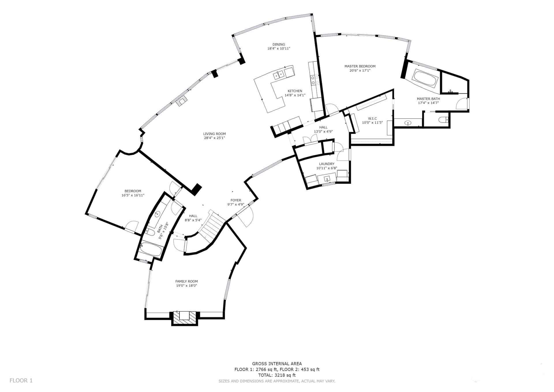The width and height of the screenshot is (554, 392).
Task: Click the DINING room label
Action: pos(278,44)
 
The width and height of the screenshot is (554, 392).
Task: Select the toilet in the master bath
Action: pos(443,120)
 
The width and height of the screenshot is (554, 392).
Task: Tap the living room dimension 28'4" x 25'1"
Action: pos(214,138)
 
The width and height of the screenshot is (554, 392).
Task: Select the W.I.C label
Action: pos(372,118)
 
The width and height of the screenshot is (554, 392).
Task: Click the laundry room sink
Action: pos(327,179)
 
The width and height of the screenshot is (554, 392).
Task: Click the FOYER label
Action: pos(236,200)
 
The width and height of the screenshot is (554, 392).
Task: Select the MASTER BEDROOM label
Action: pos(360,66)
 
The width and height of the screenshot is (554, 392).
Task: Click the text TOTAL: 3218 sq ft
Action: pos(277,375)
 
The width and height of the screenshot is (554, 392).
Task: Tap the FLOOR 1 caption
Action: pos(21,380)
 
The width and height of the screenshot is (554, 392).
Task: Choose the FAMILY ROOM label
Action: pos(186,281)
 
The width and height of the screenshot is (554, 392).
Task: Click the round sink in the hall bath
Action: pos(157,214)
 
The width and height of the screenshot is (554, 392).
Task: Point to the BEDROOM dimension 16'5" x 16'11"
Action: pos(133,195)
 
